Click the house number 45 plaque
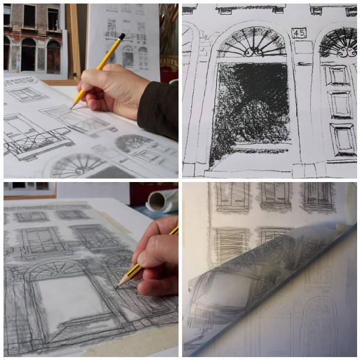pos(299,33)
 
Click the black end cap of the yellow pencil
pos(122,36)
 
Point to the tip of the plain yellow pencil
pos(72,108)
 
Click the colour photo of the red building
pos(33,39)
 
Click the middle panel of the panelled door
pos(341,105)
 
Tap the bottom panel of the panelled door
pos(343,139)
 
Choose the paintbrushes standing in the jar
pos(170,29)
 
